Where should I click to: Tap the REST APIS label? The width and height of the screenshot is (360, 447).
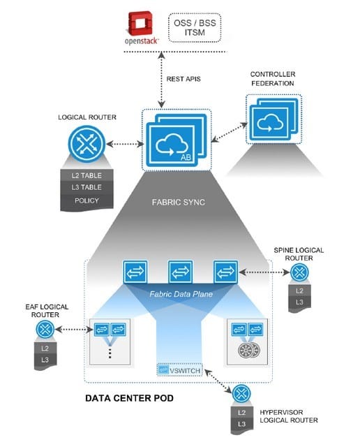pos(185,78)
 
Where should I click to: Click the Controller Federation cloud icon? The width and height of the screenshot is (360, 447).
pos(269,123)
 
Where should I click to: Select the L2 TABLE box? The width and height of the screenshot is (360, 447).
pos(86,174)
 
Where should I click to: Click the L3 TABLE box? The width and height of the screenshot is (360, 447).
pos(86,187)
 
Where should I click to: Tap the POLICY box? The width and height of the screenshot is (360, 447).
pos(86,200)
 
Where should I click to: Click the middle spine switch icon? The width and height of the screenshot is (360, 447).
pos(179,272)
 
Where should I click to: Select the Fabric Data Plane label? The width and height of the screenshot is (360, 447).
pos(179,294)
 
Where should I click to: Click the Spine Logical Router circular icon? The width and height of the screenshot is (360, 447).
pos(301,272)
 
